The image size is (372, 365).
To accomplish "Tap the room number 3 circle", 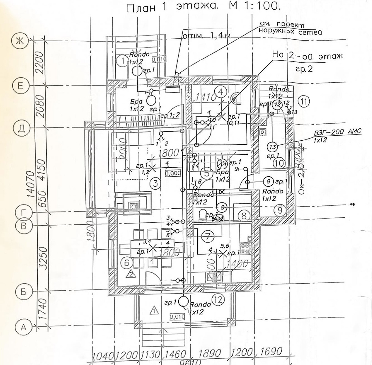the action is (155, 183).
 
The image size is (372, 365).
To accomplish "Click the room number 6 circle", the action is (127, 262).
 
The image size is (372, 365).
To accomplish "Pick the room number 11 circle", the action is (304, 101).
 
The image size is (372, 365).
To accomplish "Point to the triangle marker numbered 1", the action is (154, 311).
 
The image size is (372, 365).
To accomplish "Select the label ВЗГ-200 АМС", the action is (337, 132).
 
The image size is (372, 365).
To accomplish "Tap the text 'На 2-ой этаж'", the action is (307, 56).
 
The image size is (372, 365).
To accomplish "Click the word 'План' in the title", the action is (141, 8).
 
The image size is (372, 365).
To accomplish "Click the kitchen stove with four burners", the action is (246, 249).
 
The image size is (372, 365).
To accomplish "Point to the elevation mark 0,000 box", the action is (173, 173).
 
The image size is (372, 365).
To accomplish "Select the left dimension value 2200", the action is (41, 63).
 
